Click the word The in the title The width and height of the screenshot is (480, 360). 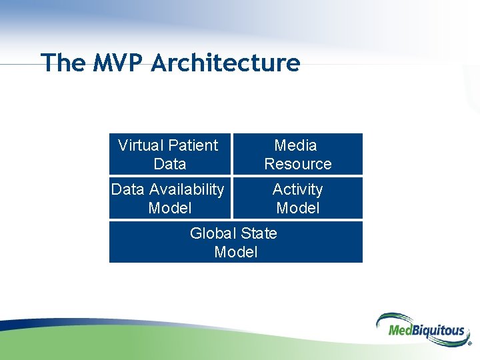coord(63,63)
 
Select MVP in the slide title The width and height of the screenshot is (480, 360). coord(118,63)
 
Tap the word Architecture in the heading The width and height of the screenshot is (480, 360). coord(225,63)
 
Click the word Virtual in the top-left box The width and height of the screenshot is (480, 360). coord(140,145)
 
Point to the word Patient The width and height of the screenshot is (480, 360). coord(193,145)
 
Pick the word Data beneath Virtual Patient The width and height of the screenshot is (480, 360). coord(169,164)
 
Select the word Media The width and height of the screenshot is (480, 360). coord(296,145)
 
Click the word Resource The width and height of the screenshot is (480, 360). coord(297,164)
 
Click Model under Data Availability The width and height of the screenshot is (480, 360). coord(169,208)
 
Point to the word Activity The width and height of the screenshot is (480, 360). coord(297,189)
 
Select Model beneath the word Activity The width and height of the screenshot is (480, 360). coord(297,208)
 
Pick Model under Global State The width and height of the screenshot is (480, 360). coord(235,252)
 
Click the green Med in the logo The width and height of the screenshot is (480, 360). coord(390,330)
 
